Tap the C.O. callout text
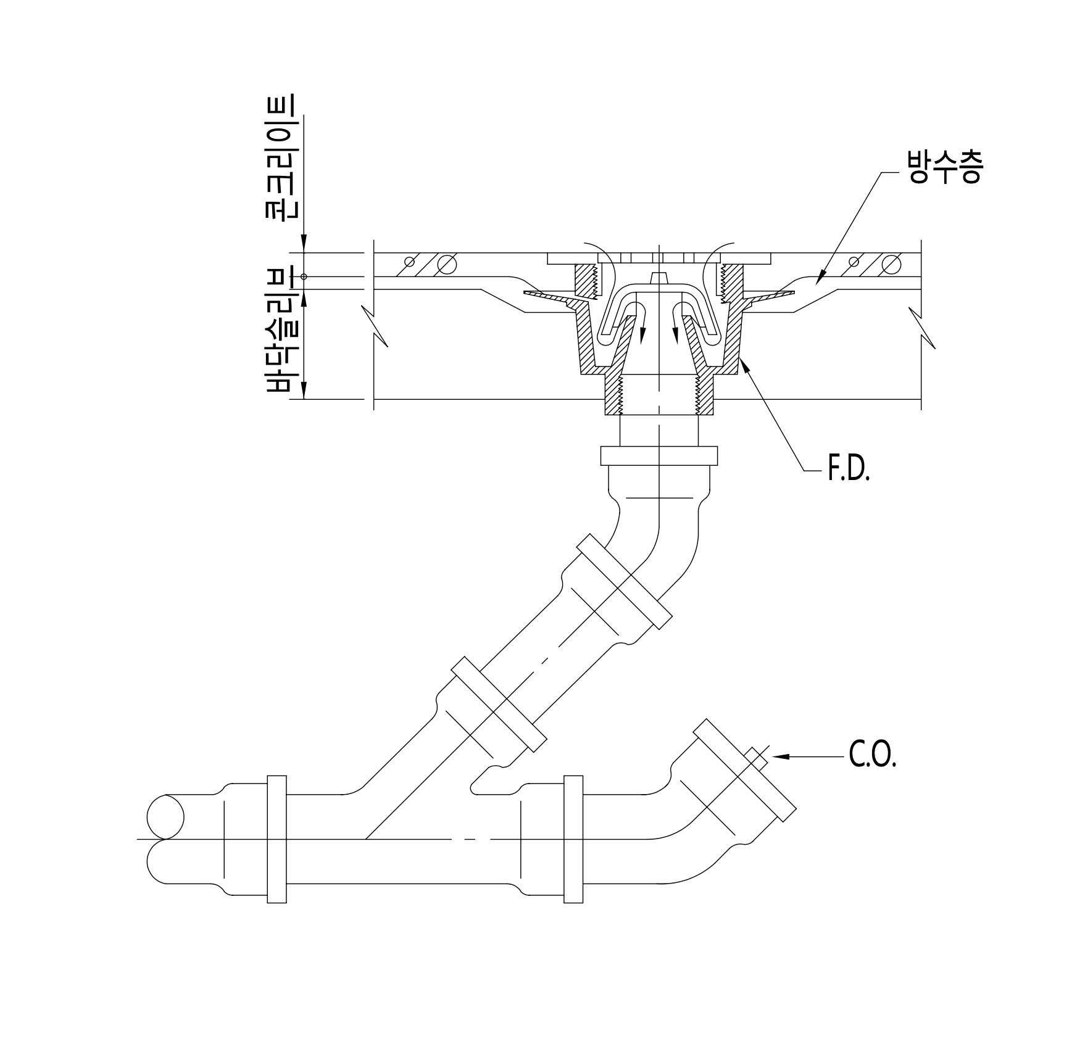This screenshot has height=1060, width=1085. [872, 755]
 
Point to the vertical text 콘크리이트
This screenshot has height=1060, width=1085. [280, 157]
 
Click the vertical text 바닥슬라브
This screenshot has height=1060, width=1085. [281, 331]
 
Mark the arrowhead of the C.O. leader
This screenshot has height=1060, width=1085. [779, 756]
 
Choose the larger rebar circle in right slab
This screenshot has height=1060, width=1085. [891, 264]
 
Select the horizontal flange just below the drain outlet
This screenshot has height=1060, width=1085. [659, 455]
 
